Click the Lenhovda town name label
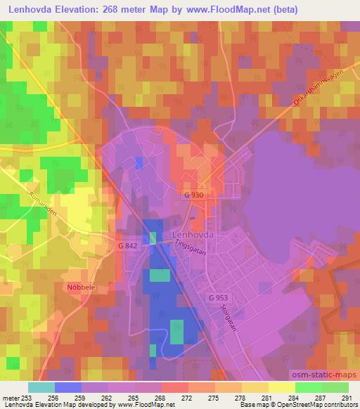193,235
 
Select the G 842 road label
129,246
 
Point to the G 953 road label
219,299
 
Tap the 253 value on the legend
22,397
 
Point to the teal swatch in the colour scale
41,387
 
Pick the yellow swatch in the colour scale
281,387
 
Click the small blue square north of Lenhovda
139,162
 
